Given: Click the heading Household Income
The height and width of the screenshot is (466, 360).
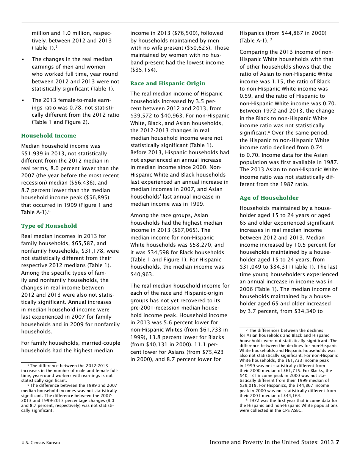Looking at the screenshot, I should (x=49, y=136).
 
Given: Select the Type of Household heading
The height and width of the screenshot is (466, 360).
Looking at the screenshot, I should (x=49, y=226).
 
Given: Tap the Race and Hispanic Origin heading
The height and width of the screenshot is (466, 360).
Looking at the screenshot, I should (x=168, y=83).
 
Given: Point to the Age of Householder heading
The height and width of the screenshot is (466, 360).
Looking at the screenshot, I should (x=269, y=198).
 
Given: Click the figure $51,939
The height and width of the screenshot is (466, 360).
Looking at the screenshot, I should (x=33, y=153).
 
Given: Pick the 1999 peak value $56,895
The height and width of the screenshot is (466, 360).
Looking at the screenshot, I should (x=96, y=198).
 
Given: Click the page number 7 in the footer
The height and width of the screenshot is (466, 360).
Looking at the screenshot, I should (x=337, y=442).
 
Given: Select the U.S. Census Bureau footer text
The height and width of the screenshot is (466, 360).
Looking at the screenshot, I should (x=41, y=443).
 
